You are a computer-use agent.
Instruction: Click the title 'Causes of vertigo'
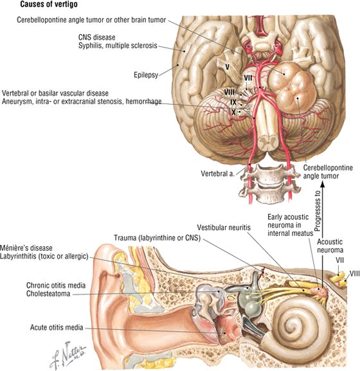[49, 5]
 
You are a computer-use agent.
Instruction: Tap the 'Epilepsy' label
[146, 75]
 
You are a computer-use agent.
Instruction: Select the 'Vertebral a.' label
[218, 174]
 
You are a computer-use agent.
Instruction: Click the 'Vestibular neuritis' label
[224, 228]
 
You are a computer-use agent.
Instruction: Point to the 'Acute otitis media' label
[57, 327]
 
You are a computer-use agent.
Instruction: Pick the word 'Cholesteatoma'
[48, 294]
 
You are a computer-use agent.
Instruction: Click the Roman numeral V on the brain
[227, 68]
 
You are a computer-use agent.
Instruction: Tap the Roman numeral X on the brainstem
[233, 112]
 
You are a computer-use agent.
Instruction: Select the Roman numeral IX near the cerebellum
[233, 102]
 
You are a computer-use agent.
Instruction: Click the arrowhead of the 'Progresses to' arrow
[322, 184]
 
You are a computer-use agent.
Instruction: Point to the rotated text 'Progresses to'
[318, 211]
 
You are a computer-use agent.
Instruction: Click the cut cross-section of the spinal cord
[268, 142]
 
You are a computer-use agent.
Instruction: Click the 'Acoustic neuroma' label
[330, 246]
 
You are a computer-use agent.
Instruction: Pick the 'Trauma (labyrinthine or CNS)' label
[157, 238]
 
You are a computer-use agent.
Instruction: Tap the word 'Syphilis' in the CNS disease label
[90, 46]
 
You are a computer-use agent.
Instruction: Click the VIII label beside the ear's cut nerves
[354, 274]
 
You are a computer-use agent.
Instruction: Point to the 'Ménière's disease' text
[26, 248]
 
